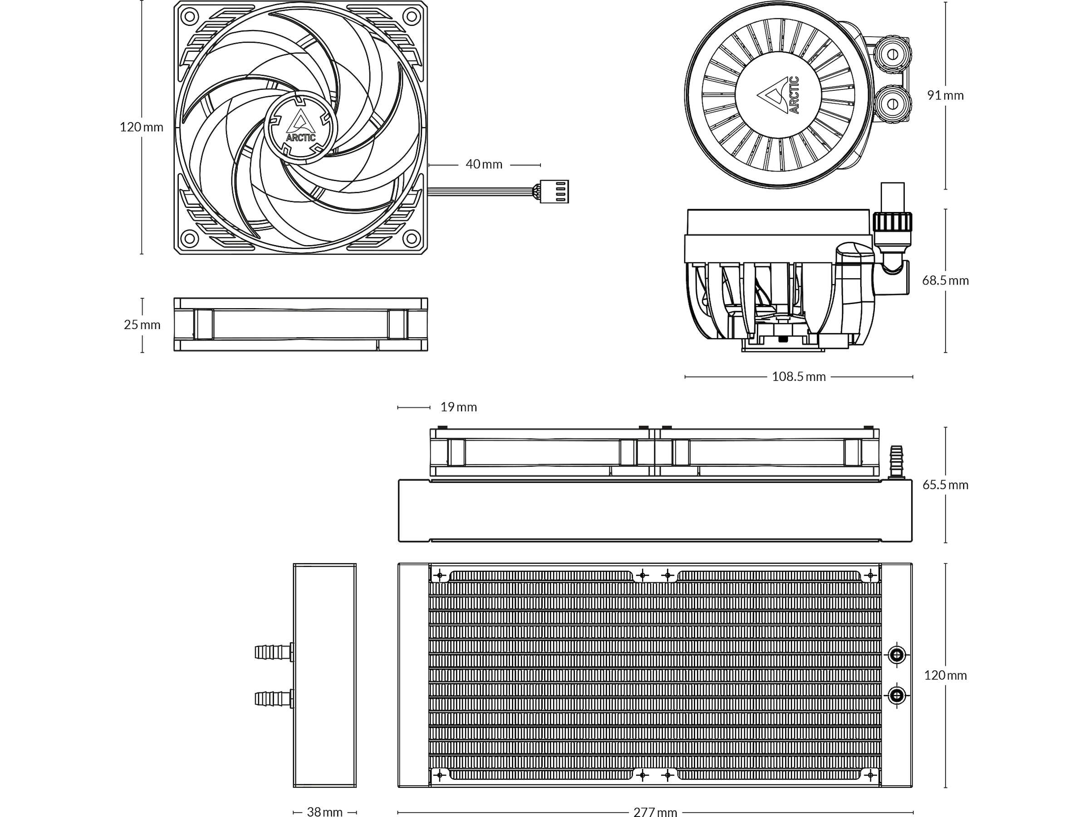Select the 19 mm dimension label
[458, 407]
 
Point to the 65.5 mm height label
[945, 485]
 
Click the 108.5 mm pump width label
[798, 377]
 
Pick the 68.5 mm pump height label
[945, 281]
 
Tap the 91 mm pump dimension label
[945, 95]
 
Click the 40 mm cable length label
[484, 164]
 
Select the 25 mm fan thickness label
[142, 325]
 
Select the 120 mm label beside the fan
[141, 127]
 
